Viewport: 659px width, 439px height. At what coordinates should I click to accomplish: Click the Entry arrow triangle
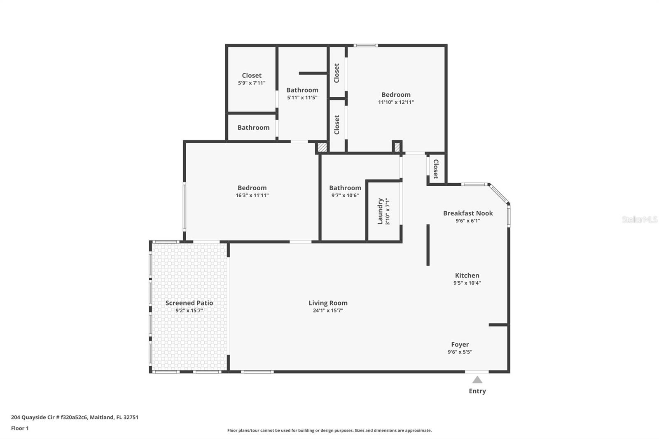477,380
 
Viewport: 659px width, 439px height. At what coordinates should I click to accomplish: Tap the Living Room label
328,303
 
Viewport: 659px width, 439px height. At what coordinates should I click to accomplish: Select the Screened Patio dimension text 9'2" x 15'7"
189,311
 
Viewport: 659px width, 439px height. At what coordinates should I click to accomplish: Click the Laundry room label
380,211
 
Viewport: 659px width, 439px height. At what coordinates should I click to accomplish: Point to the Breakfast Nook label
467,213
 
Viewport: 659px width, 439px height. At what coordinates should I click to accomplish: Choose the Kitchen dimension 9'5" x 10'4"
467,283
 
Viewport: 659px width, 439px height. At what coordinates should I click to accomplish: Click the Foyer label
460,345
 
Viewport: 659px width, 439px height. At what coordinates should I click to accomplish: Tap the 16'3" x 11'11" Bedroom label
252,188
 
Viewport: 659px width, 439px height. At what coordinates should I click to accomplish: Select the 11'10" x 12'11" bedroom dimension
396,102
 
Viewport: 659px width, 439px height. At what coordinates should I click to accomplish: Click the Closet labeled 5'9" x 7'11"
252,75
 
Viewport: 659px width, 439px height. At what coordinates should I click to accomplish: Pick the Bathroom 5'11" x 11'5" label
302,90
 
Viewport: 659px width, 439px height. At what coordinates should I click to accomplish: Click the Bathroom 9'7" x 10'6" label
345,188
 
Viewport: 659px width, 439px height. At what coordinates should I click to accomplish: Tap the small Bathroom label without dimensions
253,128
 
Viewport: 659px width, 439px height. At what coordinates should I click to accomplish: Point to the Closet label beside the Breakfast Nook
436,169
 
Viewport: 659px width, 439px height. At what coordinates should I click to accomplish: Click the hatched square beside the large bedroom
322,147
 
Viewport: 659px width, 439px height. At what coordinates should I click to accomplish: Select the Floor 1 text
20,428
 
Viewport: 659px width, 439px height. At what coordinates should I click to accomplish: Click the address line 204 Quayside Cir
75,417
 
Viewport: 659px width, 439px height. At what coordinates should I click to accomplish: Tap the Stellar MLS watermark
639,219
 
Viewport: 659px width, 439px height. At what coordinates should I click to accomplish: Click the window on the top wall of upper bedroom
365,45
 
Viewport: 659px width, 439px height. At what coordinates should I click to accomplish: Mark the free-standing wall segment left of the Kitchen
428,245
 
